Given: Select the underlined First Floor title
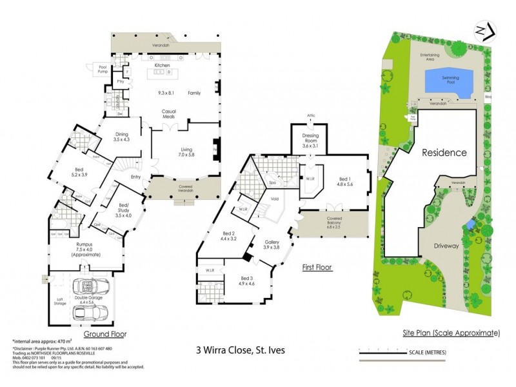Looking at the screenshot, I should [x=317, y=266].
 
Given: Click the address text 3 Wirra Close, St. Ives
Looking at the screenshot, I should [x=240, y=351].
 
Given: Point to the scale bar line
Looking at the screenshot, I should [x=406, y=352].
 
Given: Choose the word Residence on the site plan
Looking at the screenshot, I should [x=444, y=153].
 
